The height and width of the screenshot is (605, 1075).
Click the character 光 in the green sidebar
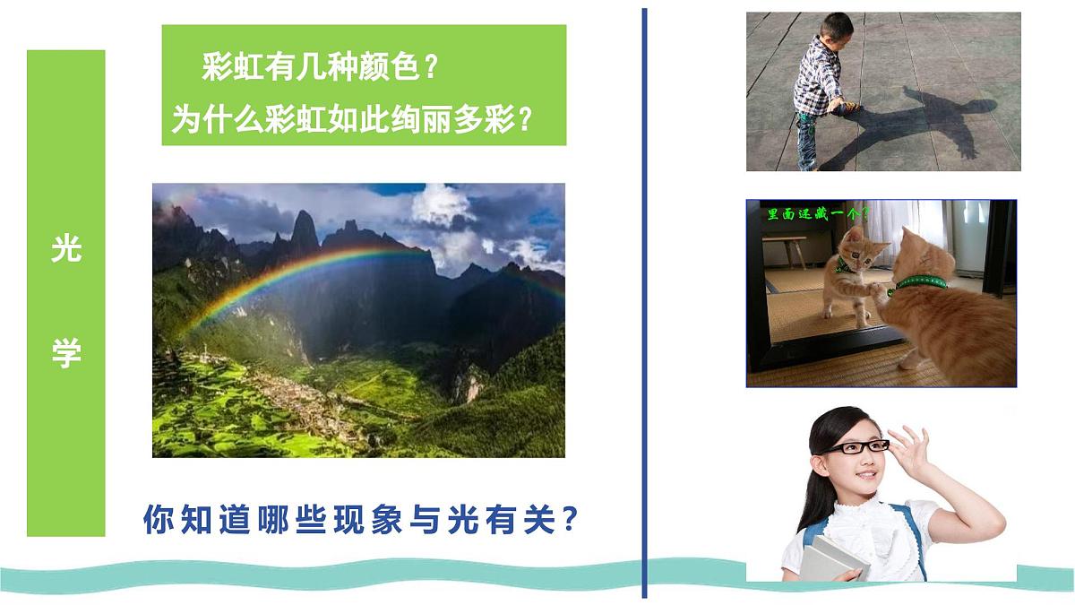pos(65,250)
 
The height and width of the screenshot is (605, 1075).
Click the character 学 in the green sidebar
pos(65,353)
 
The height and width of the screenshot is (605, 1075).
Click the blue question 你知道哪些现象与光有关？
pos(359,519)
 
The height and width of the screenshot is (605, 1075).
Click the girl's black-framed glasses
pos(856,447)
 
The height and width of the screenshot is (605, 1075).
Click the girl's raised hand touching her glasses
pos(907,446)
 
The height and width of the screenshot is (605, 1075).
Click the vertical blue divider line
pos(643,305)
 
